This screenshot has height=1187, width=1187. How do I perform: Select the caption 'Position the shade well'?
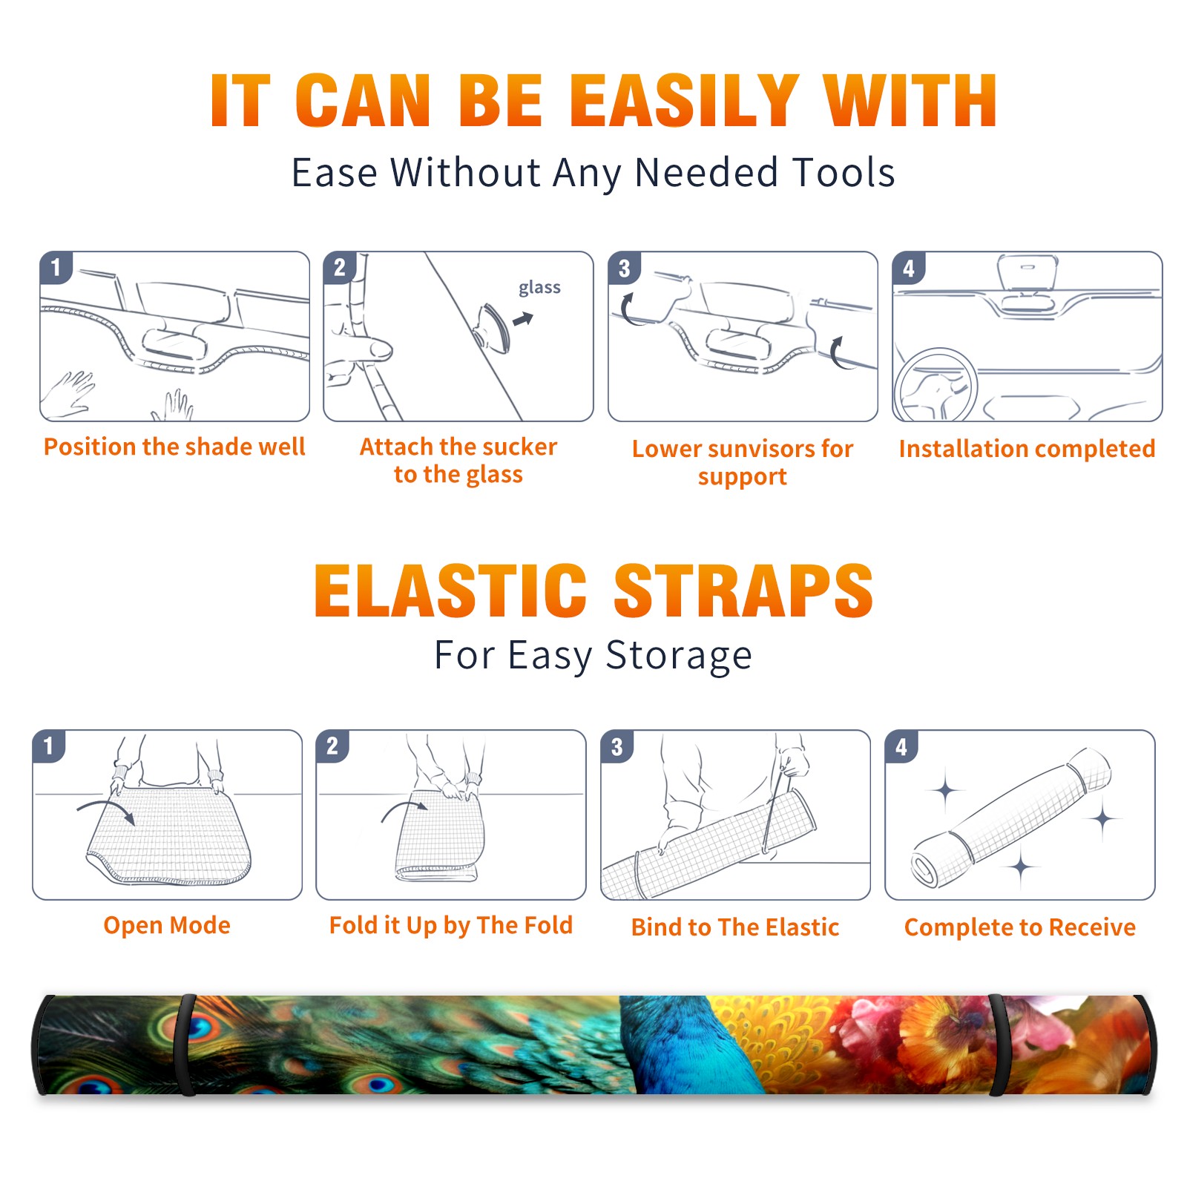pyautogui.click(x=174, y=447)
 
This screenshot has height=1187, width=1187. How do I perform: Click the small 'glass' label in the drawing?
pyautogui.click(x=539, y=288)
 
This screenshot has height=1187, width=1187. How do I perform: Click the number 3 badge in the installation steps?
pyautogui.click(x=624, y=268)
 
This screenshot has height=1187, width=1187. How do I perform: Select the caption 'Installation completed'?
pyautogui.click(x=1027, y=449)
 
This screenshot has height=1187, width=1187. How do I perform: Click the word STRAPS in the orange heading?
pyautogui.click(x=743, y=591)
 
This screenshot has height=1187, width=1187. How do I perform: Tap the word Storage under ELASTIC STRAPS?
pyautogui.click(x=679, y=656)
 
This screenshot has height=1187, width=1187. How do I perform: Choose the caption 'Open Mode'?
pyautogui.click(x=167, y=925)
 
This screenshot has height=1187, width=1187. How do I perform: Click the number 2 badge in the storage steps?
pyautogui.click(x=332, y=746)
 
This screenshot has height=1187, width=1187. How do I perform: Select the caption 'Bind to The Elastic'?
pyautogui.click(x=735, y=927)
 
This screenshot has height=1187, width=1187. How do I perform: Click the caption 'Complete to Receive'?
pyautogui.click(x=1020, y=927)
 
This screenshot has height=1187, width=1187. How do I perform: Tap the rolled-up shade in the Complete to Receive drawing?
pyautogui.click(x=1011, y=817)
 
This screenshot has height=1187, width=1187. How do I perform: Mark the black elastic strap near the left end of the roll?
pyautogui.click(x=186, y=1045)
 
